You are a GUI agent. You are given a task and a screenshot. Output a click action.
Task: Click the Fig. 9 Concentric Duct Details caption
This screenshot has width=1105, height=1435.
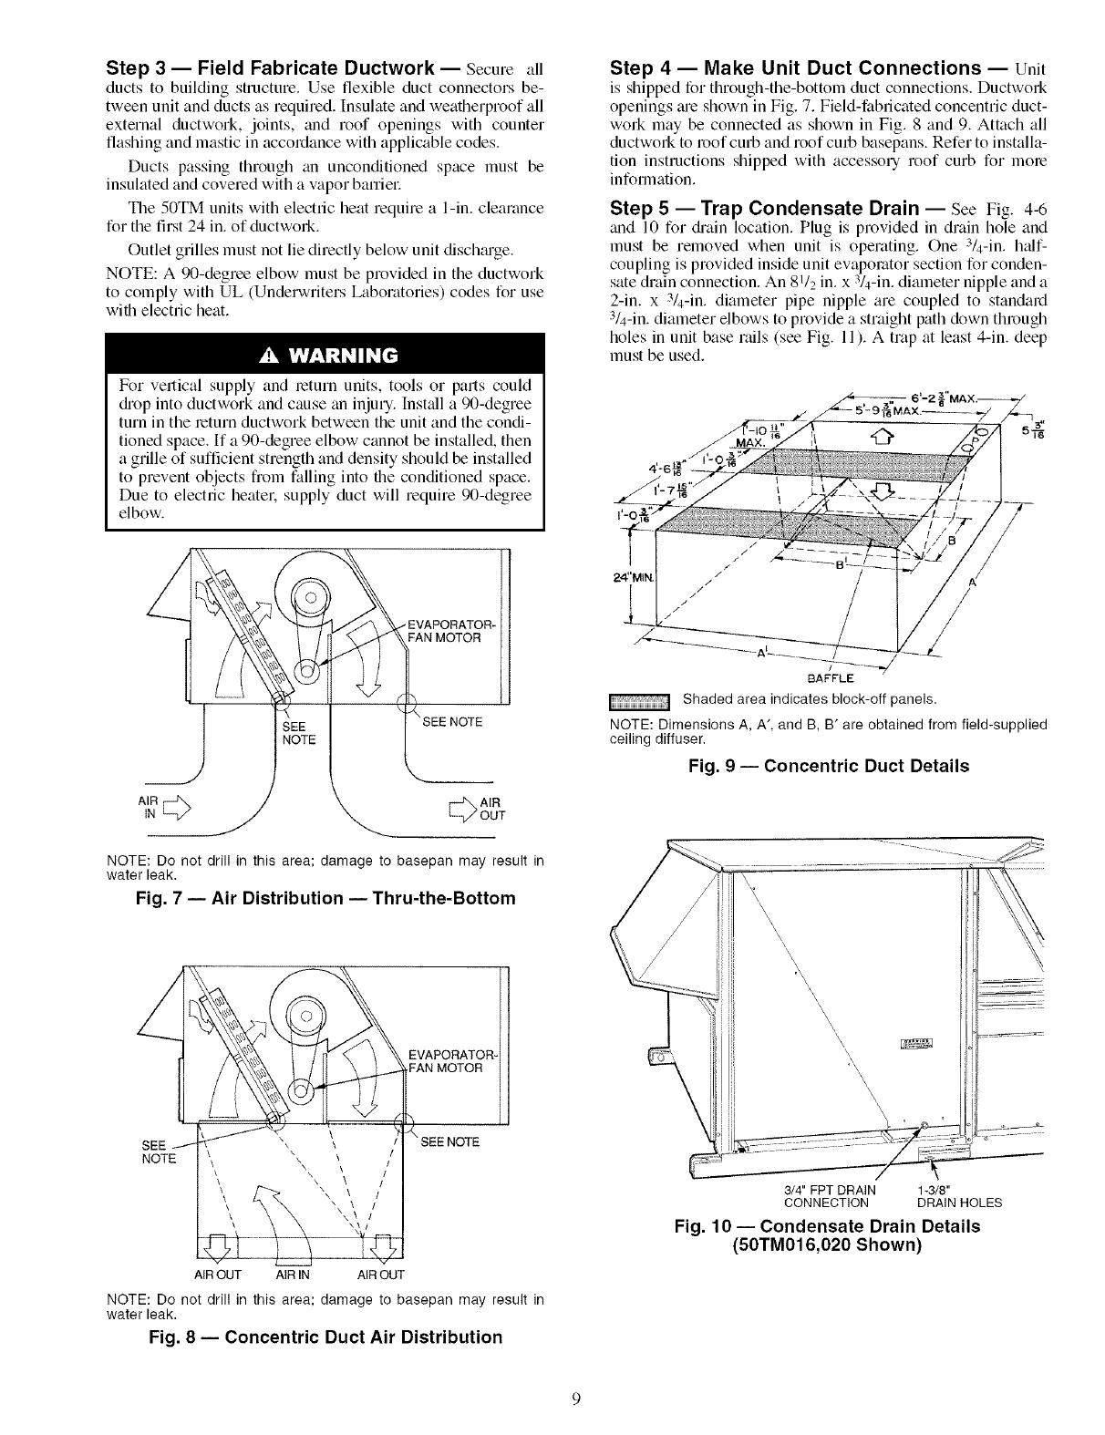[828, 765]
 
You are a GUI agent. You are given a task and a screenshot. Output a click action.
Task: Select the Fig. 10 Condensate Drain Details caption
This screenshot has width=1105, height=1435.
[827, 1234]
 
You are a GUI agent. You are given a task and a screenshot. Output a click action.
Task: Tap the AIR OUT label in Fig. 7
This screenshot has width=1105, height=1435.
[491, 808]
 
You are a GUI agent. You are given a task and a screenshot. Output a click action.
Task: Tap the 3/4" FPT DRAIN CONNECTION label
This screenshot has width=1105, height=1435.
[827, 1195]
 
